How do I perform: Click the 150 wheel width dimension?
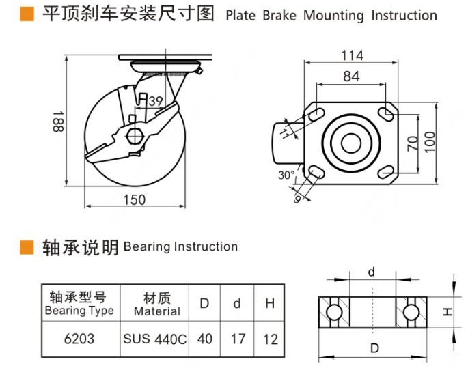tap(135, 199)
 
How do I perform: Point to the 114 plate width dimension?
tap(352, 55)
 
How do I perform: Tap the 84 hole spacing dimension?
tap(351, 76)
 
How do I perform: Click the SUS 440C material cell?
tap(155, 338)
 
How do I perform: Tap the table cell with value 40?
tap(204, 338)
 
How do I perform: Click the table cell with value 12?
tap(270, 338)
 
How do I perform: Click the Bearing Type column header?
tap(79, 304)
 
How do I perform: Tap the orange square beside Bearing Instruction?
tap(27, 246)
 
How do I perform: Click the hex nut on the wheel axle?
tap(135, 134)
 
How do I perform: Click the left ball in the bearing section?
tap(334, 311)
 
